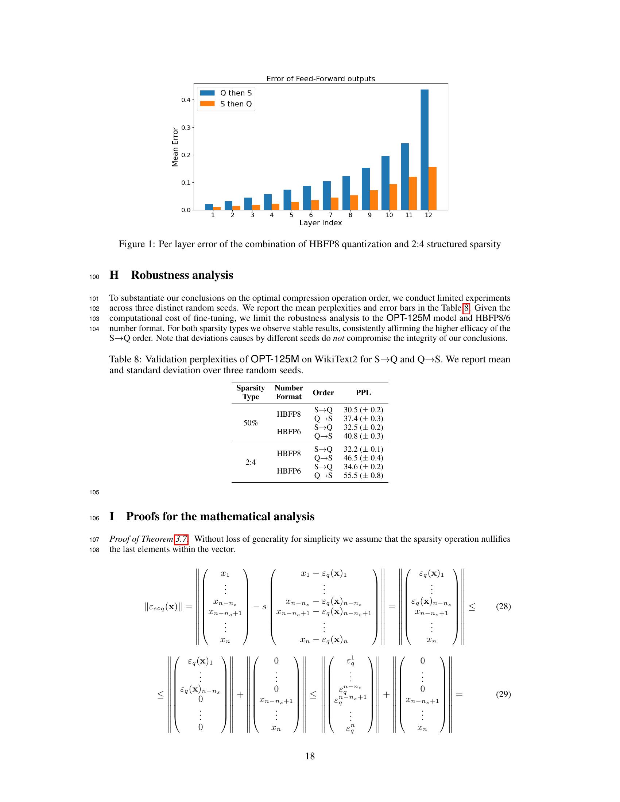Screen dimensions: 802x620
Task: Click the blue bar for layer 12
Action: (424, 149)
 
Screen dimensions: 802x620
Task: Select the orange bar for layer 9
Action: (373, 200)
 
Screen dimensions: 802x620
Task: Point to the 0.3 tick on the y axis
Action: (186, 128)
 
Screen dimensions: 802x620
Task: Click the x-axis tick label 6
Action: (311, 215)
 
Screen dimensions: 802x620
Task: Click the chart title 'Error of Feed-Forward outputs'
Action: (320, 79)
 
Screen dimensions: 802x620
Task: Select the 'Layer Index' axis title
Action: (320, 223)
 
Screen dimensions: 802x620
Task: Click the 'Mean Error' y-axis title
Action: (175, 147)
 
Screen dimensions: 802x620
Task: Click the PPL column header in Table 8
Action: (363, 393)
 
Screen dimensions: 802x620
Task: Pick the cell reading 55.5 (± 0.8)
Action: (363, 475)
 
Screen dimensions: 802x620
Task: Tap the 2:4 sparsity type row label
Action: (251, 462)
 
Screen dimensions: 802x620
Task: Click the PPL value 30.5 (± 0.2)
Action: (363, 410)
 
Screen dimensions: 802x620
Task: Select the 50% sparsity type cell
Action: (251, 423)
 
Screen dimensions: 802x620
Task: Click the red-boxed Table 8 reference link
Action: (466, 308)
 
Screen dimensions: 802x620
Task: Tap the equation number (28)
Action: (503, 606)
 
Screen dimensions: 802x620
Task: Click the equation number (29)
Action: (503, 694)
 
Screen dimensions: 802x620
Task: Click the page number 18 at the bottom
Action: (310, 756)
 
